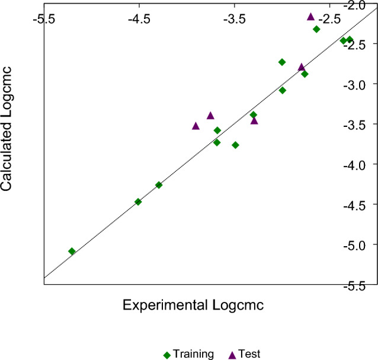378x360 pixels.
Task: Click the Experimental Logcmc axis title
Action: tap(193, 305)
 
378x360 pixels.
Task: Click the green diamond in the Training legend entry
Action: tap(167, 355)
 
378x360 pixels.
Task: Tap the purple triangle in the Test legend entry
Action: tap(232, 355)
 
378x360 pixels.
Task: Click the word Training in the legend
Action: tap(193, 354)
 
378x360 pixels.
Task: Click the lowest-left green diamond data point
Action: tap(72, 251)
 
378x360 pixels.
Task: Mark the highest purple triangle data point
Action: tap(310, 17)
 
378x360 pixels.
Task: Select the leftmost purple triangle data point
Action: tap(196, 126)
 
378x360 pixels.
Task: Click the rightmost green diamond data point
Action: tap(350, 40)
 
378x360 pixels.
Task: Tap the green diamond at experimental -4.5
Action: tap(138, 202)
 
